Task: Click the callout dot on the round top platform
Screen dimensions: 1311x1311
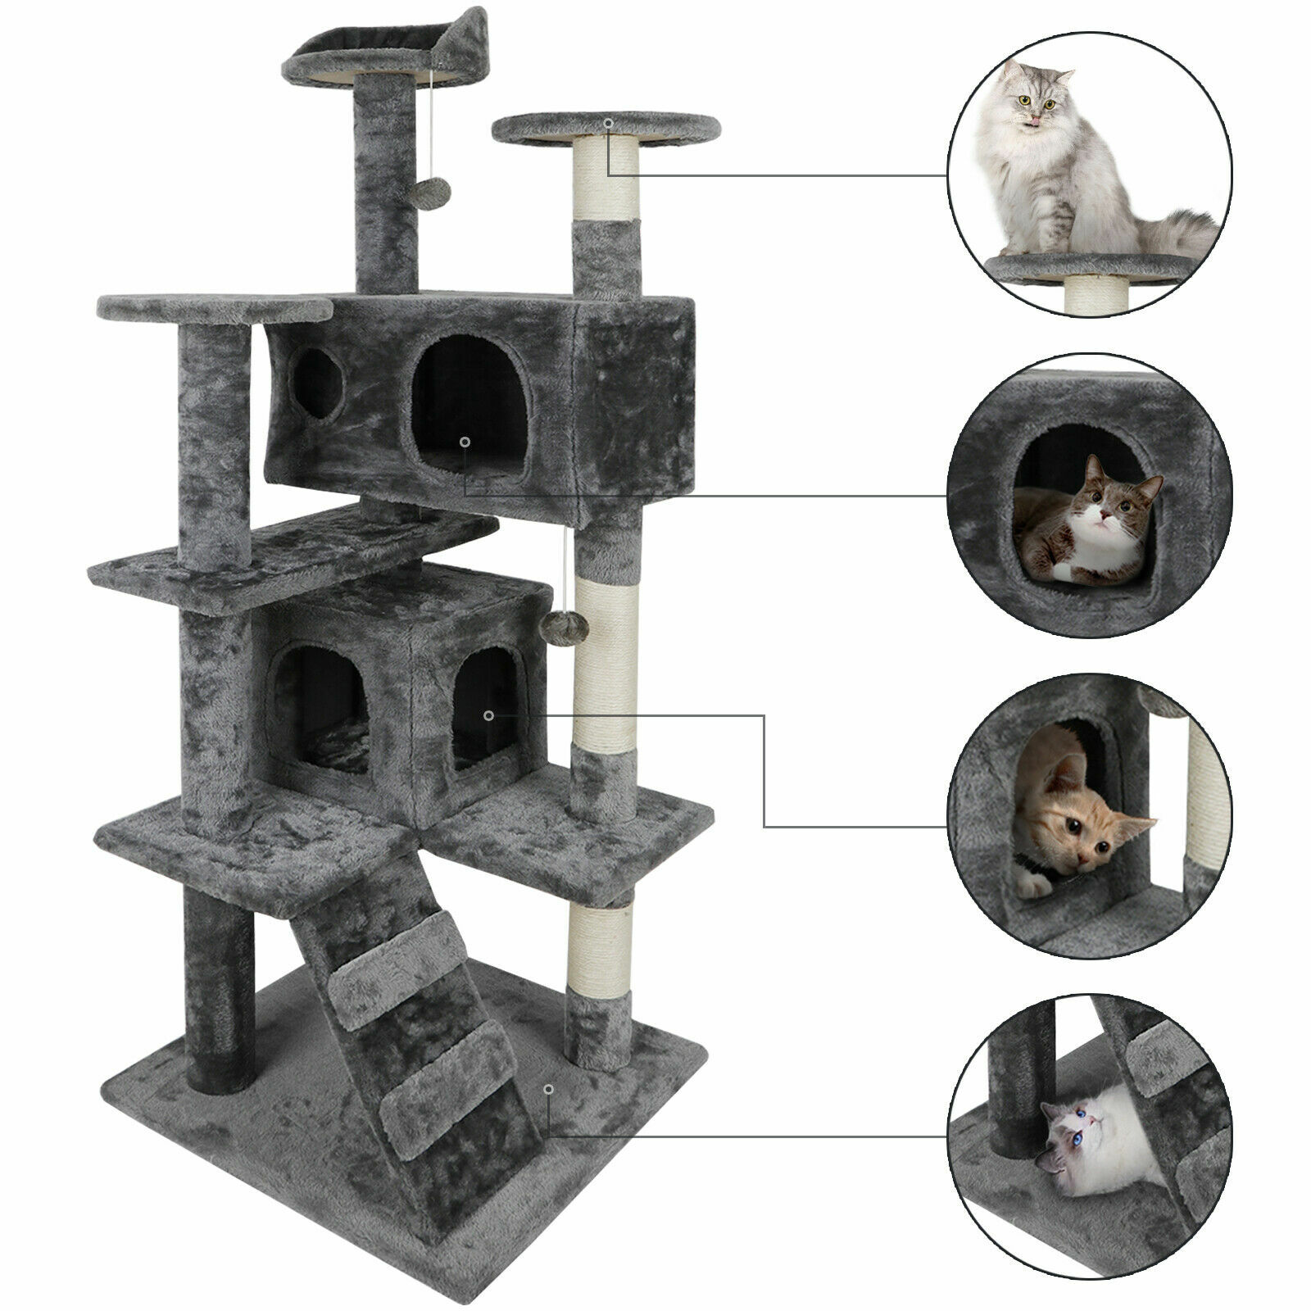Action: [x=608, y=124]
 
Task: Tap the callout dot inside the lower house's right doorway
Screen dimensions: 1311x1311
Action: [x=489, y=715]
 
